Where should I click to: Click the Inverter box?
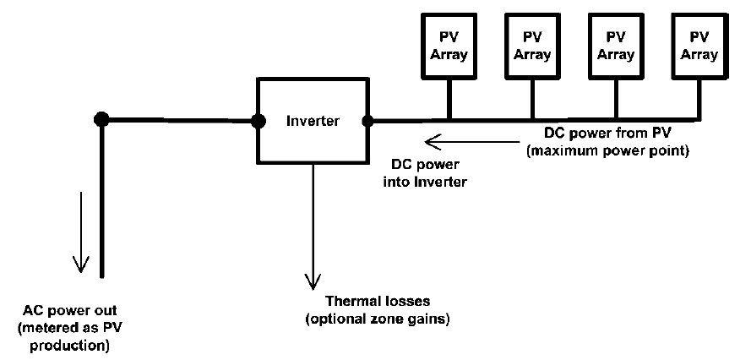pos(313,139)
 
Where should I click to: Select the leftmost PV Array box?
pos(448,47)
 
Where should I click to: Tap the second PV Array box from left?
pos(531,47)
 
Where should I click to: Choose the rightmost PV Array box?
pos(697,47)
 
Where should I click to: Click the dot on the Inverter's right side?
pos(368,120)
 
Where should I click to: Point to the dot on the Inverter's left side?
pos(258,120)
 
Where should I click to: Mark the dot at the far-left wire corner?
pos(101,119)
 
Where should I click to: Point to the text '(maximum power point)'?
pos(607,152)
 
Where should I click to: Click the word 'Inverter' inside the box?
pos(313,122)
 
